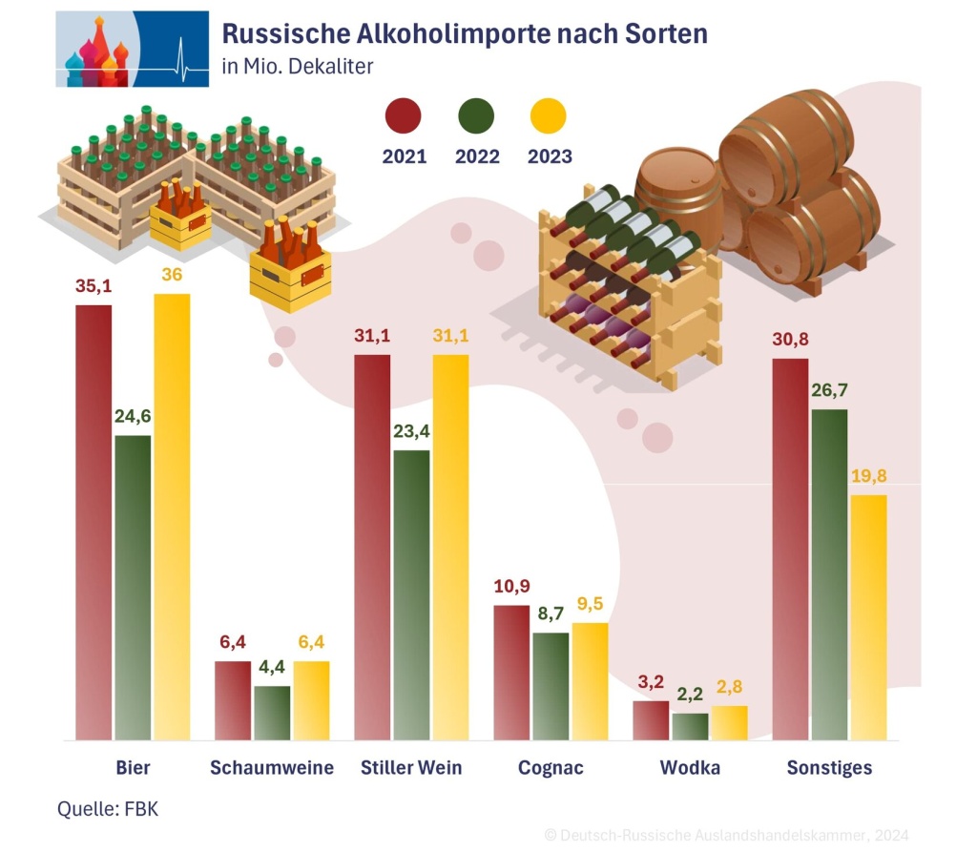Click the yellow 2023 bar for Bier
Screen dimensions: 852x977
tap(172, 515)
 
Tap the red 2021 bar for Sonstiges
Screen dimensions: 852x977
tap(790, 549)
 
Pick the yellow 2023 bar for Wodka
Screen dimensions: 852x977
tap(729, 722)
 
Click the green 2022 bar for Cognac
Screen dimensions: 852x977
tap(551, 685)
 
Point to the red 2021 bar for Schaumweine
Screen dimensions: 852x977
tap(233, 700)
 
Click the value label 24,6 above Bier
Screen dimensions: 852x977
tap(133, 416)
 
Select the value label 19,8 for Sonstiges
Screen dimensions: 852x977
tap(868, 476)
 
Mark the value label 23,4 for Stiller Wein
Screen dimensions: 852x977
tap(411, 430)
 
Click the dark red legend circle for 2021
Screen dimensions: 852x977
tap(404, 116)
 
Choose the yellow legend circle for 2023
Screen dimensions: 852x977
tap(548, 116)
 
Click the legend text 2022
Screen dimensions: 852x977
tap(477, 156)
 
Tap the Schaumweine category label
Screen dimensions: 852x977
tap(272, 768)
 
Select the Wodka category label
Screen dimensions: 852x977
tap(690, 768)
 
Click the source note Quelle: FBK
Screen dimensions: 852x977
tap(108, 810)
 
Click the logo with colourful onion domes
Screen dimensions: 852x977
tap(132, 49)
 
